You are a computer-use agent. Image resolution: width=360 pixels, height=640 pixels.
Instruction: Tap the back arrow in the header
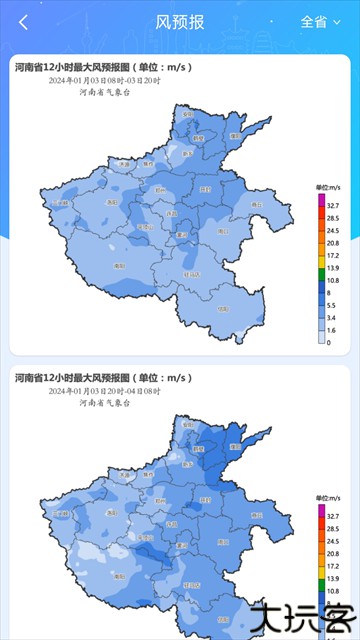click(x=23, y=22)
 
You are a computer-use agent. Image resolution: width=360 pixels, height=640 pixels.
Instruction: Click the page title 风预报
click(x=180, y=22)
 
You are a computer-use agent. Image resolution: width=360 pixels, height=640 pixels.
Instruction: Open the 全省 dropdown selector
click(x=320, y=22)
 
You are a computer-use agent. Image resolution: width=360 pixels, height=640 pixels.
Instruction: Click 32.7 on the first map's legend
click(x=333, y=205)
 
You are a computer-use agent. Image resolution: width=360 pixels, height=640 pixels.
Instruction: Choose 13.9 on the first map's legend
click(x=333, y=267)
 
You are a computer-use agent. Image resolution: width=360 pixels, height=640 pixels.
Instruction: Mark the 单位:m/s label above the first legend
click(x=329, y=187)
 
